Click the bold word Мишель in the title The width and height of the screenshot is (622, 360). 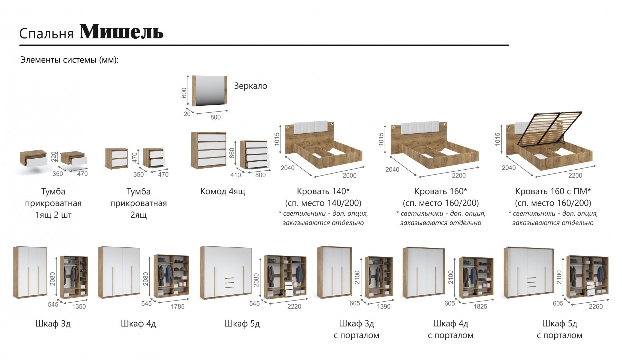click(121, 32)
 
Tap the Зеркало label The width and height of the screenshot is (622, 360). click(251, 86)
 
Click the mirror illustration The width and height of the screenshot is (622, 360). click(210, 91)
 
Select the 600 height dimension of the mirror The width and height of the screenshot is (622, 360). click(184, 93)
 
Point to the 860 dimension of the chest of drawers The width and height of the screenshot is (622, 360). click(232, 153)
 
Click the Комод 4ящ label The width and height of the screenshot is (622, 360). click(223, 191)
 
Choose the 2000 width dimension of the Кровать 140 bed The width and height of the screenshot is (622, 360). click(349, 176)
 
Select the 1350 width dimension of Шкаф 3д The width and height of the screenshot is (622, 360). click(79, 306)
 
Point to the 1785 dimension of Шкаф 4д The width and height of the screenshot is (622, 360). click(178, 306)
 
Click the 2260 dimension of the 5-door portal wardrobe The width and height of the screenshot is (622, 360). click(595, 306)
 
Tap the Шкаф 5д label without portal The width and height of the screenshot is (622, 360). click(242, 324)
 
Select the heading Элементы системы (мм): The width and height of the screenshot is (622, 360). click(69, 60)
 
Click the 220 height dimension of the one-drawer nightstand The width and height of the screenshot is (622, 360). click(53, 157)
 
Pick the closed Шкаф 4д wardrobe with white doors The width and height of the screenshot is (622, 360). click(119, 273)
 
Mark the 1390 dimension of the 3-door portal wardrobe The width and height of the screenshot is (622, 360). click(384, 306)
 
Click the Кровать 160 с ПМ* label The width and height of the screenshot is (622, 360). click(553, 191)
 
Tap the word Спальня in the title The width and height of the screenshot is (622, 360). click(46, 34)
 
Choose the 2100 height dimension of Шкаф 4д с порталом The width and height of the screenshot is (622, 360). click(451, 277)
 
